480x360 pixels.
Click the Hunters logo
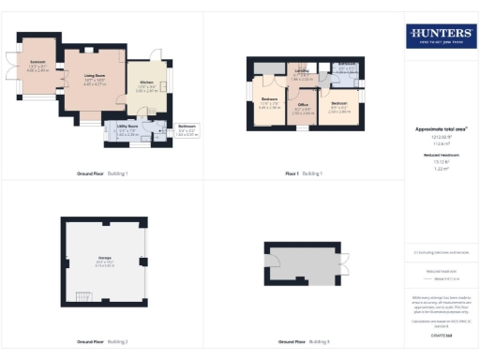click(x=441, y=37)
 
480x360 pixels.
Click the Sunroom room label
click(x=39, y=67)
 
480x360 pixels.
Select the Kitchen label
click(x=146, y=88)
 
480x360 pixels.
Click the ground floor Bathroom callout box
click(x=187, y=132)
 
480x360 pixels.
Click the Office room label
click(x=303, y=112)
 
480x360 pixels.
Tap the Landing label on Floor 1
click(x=302, y=74)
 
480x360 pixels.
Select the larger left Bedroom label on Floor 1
click(x=269, y=103)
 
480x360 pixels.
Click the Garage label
click(x=105, y=263)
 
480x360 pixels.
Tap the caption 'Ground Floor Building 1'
click(x=102, y=173)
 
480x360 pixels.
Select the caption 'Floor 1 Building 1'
click(x=304, y=173)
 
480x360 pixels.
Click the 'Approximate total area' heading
click(x=441, y=129)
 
